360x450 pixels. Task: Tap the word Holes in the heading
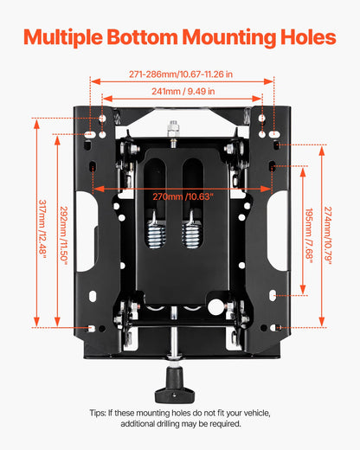point(305,38)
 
